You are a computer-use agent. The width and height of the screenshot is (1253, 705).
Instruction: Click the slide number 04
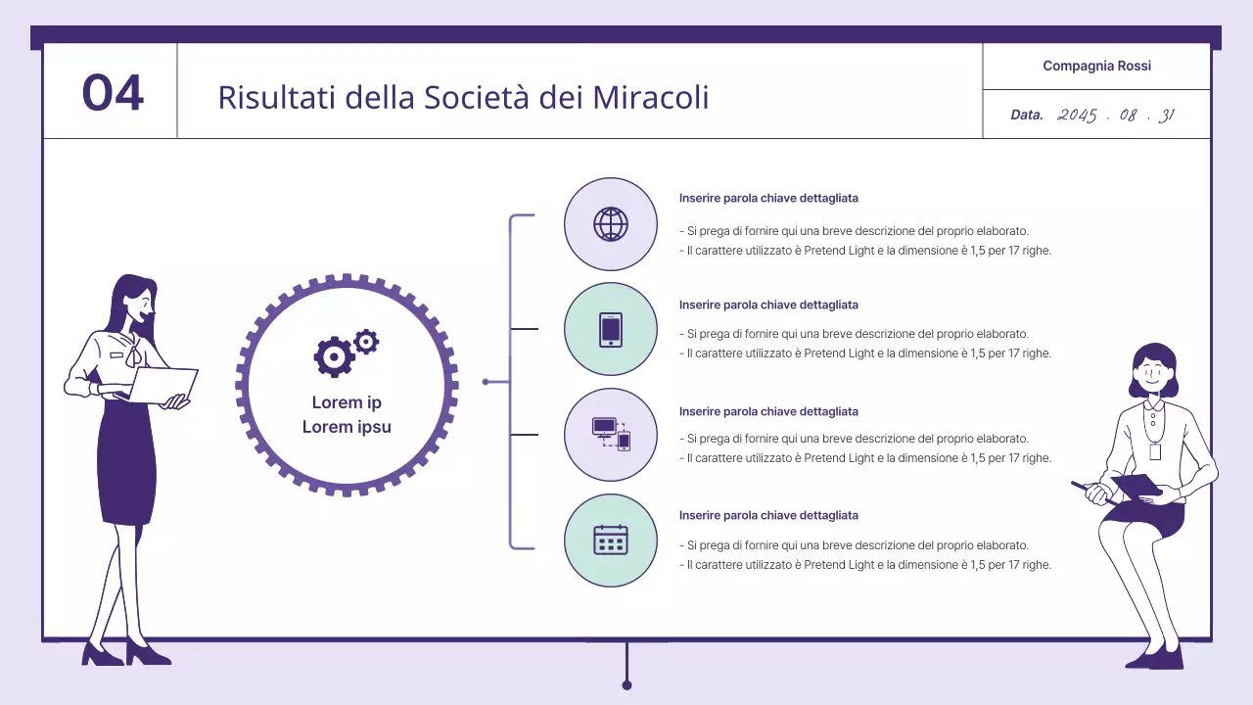click(113, 93)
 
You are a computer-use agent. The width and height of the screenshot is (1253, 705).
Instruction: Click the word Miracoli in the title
click(651, 97)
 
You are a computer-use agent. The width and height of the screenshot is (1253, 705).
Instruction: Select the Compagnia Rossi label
click(1096, 66)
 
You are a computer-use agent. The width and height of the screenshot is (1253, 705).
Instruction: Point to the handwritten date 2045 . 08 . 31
click(1116, 116)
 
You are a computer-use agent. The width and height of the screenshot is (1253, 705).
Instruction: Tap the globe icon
click(611, 224)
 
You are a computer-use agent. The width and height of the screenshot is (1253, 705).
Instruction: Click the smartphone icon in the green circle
click(611, 330)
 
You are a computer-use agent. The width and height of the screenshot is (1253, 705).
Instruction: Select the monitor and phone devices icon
click(611, 434)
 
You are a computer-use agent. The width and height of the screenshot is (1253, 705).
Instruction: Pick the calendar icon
click(611, 540)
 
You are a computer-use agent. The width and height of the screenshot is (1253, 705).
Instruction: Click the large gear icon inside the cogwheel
click(335, 357)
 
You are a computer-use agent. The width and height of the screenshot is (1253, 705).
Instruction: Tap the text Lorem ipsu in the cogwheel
click(347, 427)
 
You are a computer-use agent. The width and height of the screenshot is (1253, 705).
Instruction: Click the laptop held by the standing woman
click(162, 384)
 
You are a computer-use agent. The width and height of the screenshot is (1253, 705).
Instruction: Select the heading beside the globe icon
click(768, 198)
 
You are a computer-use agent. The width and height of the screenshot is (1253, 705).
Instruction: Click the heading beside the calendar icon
click(768, 515)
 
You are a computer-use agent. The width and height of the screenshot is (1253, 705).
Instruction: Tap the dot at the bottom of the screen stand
click(626, 685)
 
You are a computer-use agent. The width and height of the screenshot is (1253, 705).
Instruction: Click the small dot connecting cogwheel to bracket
click(486, 382)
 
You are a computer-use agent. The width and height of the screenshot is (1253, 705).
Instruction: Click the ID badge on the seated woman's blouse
click(1155, 451)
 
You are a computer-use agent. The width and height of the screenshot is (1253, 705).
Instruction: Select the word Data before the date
click(1027, 116)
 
